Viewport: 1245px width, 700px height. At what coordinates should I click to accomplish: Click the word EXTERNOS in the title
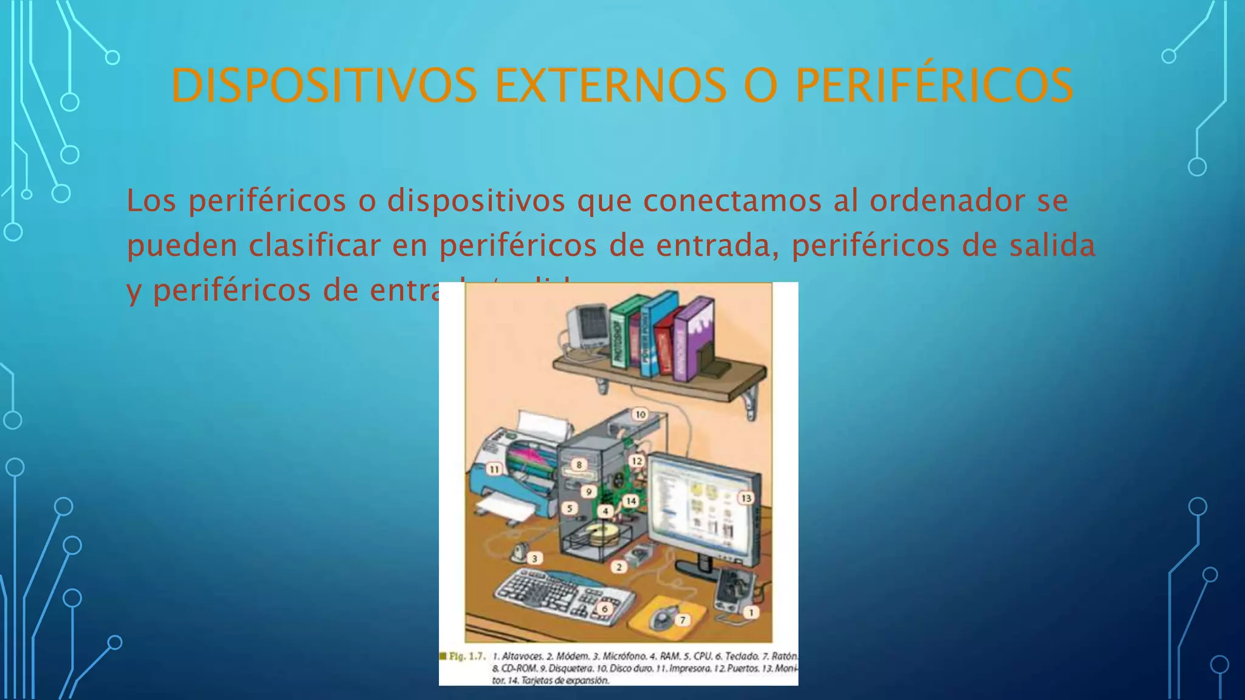[x=610, y=86]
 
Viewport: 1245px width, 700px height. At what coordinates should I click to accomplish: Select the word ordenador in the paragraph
[x=947, y=201]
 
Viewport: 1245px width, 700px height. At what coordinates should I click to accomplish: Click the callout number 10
[x=640, y=414]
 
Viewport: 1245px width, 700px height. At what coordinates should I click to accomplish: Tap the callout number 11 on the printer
[x=494, y=469]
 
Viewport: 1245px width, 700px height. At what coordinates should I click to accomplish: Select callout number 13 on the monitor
[x=746, y=498]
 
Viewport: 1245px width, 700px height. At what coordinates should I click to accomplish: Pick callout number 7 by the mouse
[x=683, y=620]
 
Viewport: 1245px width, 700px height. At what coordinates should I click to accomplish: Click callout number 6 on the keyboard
[x=604, y=608]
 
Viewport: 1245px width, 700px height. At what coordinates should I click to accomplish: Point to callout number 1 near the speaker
[x=751, y=612]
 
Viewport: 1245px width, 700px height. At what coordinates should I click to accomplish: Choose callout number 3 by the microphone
[x=534, y=558]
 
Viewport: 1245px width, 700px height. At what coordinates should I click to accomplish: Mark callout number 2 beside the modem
[x=619, y=567]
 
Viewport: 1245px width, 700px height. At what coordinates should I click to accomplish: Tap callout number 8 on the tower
[x=579, y=465]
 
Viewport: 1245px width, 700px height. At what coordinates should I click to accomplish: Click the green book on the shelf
[x=621, y=334]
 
